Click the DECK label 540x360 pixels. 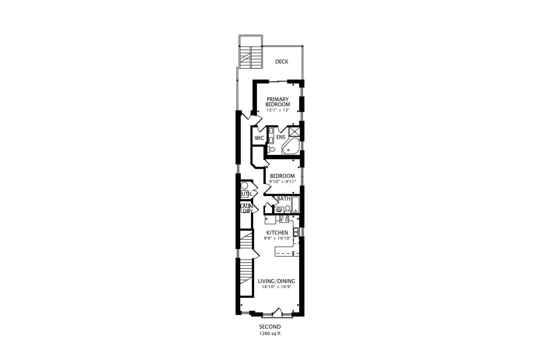(282, 62)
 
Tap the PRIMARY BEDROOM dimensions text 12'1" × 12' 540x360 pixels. (278, 110)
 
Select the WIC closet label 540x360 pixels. (259, 138)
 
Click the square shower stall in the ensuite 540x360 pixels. (294, 131)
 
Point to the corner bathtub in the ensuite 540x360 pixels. (291, 147)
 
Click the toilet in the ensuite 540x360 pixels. (271, 149)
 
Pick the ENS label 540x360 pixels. (281, 137)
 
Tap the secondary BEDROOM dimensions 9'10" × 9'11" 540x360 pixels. (283, 182)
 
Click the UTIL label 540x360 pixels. (247, 194)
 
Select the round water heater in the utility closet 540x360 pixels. (244, 186)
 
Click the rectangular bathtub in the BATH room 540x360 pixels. (296, 205)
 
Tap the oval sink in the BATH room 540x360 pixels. (279, 210)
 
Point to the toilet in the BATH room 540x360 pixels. (287, 209)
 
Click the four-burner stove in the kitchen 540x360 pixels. (284, 219)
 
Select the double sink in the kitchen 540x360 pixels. (296, 232)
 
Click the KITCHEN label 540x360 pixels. (277, 233)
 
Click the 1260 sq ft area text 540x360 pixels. (270, 334)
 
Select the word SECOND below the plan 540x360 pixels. (270, 327)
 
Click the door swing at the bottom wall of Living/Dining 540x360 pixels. (277, 312)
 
